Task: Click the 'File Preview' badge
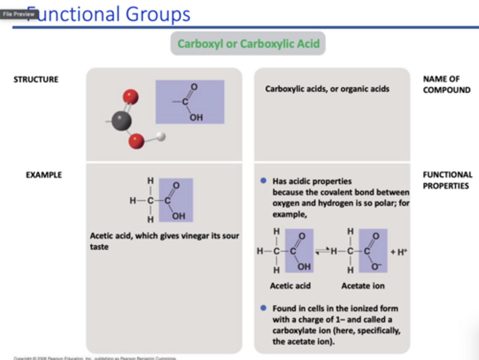pyautogui.click(x=19, y=14)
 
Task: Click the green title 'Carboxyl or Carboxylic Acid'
pyautogui.click(x=248, y=44)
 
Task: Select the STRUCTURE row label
pyautogui.click(x=36, y=80)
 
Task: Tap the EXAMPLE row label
pyautogui.click(x=44, y=175)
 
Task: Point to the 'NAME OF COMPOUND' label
pyautogui.click(x=446, y=85)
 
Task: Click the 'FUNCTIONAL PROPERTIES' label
pyautogui.click(x=447, y=180)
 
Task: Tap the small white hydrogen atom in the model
pyautogui.click(x=161, y=136)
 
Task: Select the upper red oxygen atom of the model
pyautogui.click(x=130, y=97)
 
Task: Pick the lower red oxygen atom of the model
pyautogui.click(x=136, y=141)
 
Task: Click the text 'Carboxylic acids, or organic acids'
pyautogui.click(x=327, y=89)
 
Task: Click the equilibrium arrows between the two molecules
pyautogui.click(x=322, y=251)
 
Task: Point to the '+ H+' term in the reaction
pyautogui.click(x=399, y=252)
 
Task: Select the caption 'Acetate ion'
pyautogui.click(x=363, y=286)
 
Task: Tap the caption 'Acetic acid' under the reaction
pyautogui.click(x=290, y=286)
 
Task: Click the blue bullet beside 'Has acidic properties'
pyautogui.click(x=263, y=181)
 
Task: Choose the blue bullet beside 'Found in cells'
pyautogui.click(x=263, y=308)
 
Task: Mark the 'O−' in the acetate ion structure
pyautogui.click(x=376, y=267)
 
